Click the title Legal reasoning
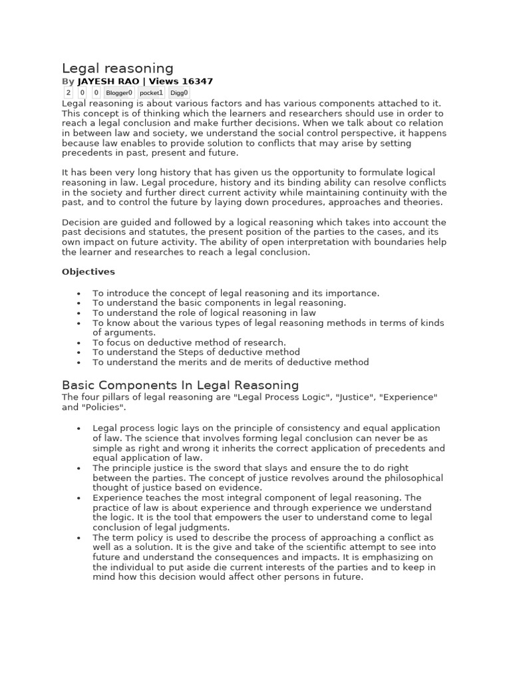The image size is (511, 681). point(118,68)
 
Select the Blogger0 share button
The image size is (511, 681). point(119,93)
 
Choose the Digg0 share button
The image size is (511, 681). point(179,93)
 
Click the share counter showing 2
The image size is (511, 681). point(68,93)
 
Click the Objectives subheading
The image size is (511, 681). point(88,271)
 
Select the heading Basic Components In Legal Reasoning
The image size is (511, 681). point(180,385)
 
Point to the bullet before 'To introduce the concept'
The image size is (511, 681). point(79,293)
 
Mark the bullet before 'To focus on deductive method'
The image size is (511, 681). point(79,343)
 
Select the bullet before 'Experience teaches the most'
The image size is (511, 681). point(79,498)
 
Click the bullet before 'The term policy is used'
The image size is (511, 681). point(79,538)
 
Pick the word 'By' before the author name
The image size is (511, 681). point(68,81)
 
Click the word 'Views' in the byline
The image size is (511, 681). point(164,81)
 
